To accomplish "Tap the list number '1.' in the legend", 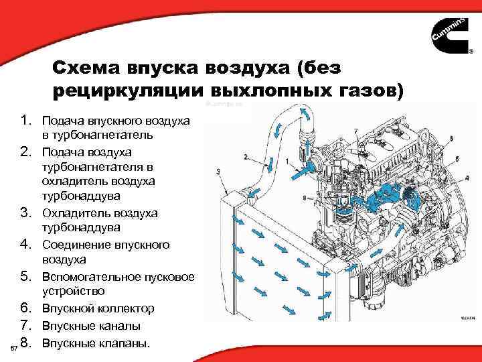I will click(27, 121).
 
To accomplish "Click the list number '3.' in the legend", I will click(27, 213).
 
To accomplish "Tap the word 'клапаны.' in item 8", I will click(123, 343).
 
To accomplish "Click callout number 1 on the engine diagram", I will click(287, 162).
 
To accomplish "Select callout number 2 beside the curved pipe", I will click(246, 157).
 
